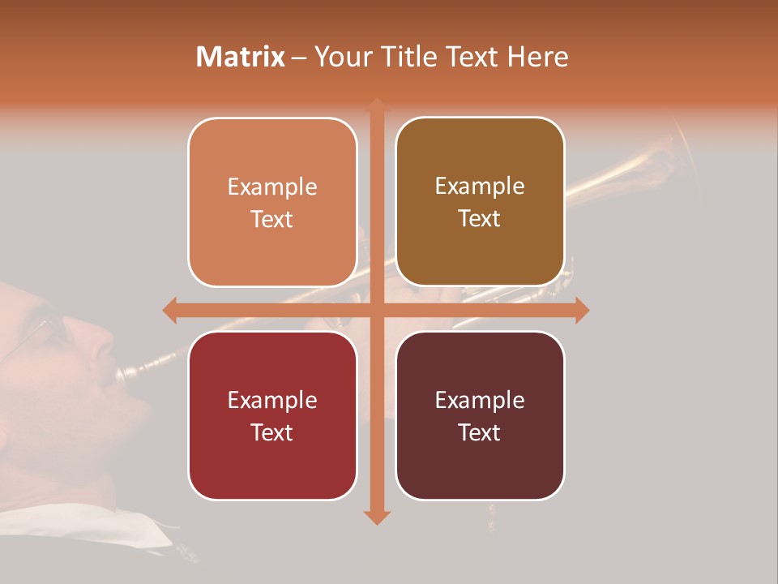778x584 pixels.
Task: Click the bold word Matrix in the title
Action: pos(240,57)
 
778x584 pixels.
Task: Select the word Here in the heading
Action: pos(537,57)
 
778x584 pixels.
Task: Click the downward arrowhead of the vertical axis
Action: pos(376,517)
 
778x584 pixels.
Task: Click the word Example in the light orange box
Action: pos(272,187)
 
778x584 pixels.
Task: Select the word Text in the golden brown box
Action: pos(480,219)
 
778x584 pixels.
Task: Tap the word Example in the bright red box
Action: pos(272,400)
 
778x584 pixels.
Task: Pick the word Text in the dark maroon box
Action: pos(480,432)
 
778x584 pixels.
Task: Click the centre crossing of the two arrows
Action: pos(376,310)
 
